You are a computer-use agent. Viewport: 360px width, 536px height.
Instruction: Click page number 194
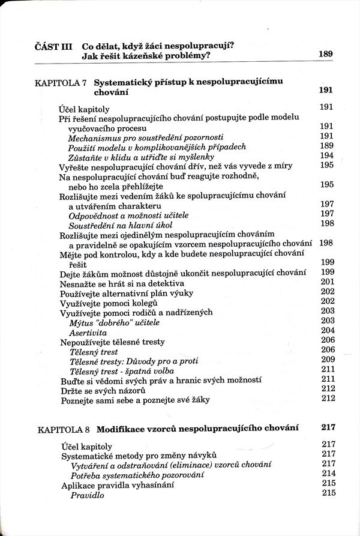(x=327, y=155)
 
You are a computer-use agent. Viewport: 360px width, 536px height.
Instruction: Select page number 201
(x=327, y=282)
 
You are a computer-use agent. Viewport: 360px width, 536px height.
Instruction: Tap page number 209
(x=327, y=360)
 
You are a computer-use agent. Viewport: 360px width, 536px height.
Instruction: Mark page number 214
(x=327, y=474)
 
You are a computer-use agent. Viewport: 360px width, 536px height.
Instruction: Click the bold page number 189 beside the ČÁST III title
(x=326, y=55)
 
